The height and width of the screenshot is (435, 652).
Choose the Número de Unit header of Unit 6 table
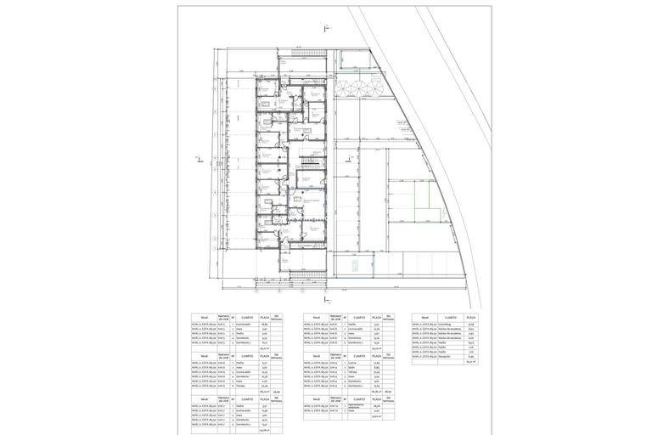222,356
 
